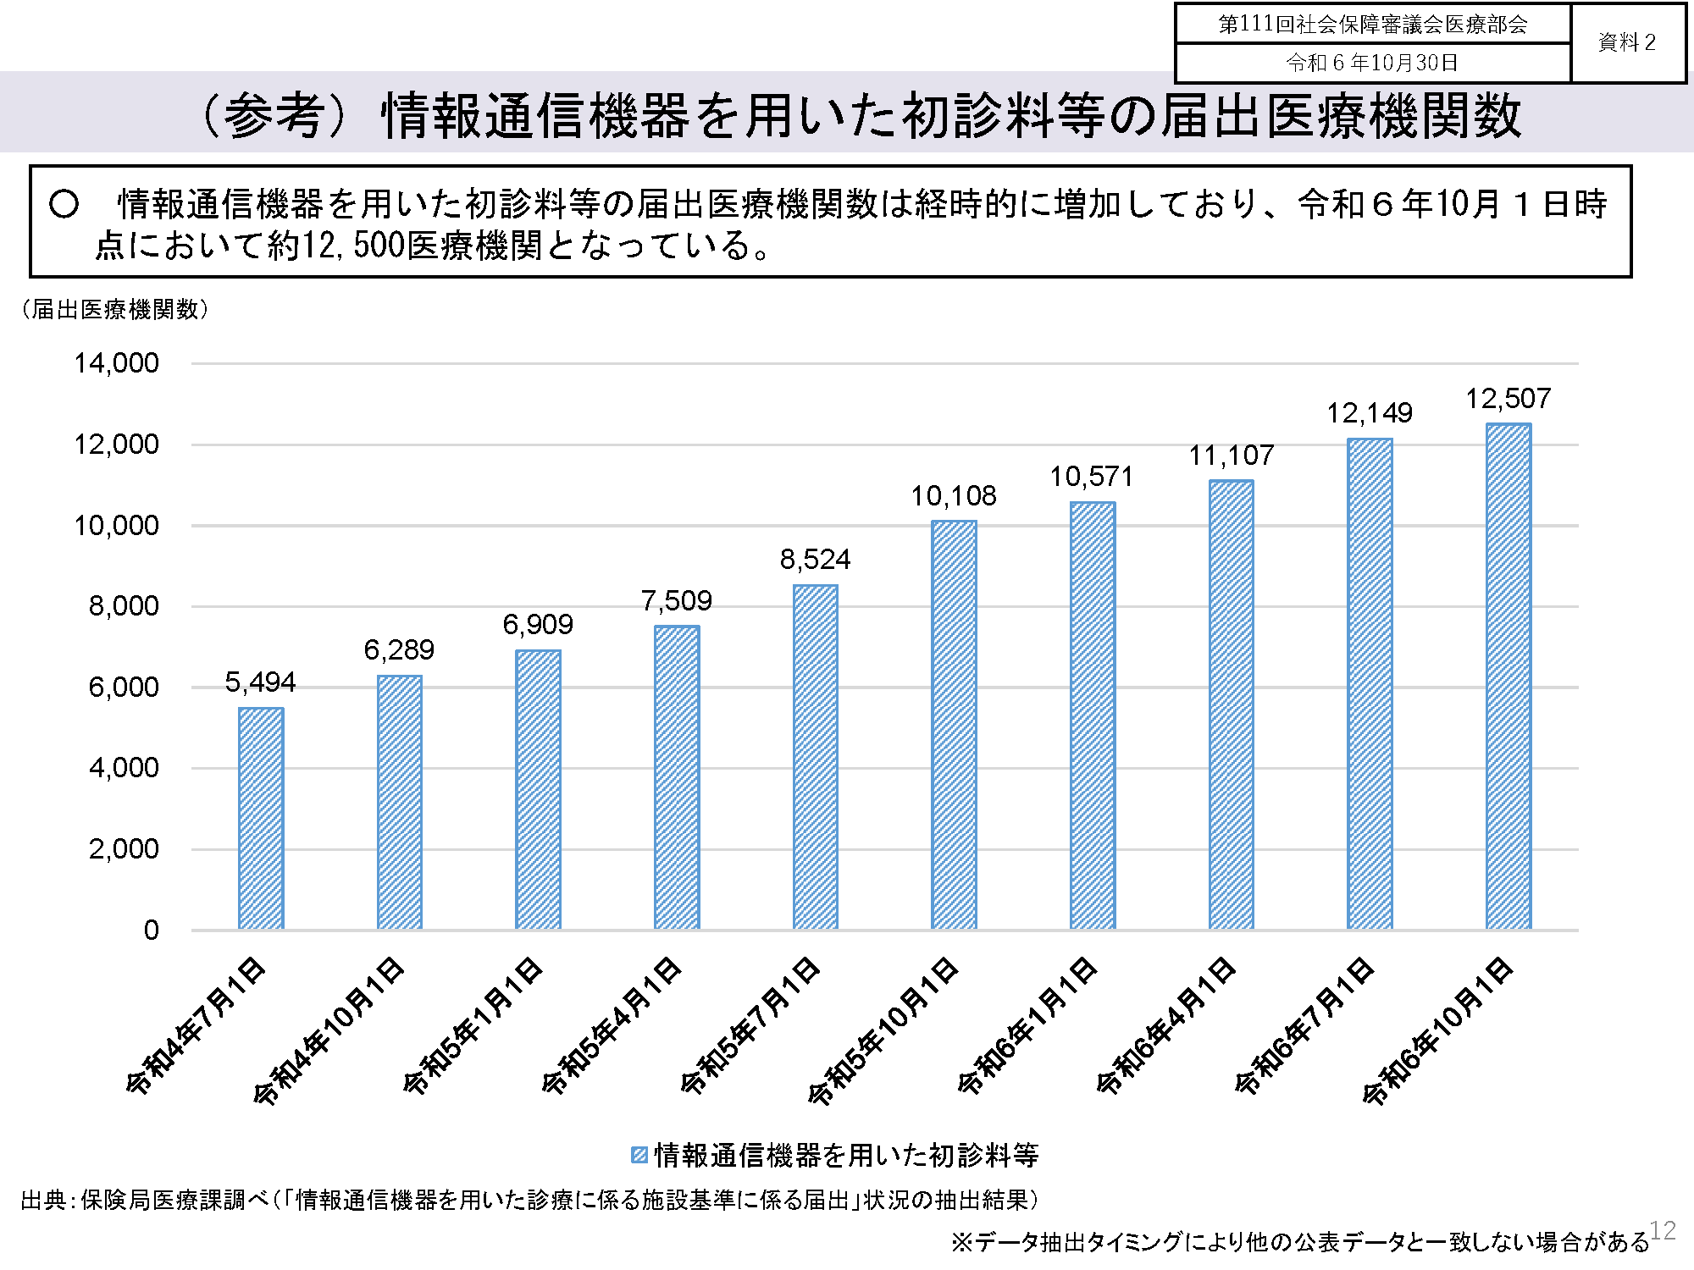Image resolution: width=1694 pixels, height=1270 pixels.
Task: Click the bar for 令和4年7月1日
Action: tap(261, 818)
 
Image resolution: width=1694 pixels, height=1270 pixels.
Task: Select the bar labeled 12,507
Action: tap(1508, 676)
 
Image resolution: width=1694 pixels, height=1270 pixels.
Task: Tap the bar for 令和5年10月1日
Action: tap(954, 725)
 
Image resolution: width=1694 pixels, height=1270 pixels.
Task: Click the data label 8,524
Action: tap(815, 560)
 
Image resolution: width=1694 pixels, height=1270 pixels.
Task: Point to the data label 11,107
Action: tap(1231, 456)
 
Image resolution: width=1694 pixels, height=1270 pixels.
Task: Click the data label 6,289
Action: tap(399, 650)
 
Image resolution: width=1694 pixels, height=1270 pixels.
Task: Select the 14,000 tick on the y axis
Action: tap(116, 363)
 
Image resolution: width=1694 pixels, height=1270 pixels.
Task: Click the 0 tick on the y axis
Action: tap(151, 930)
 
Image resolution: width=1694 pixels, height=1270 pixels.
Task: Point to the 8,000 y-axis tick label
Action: tap(124, 606)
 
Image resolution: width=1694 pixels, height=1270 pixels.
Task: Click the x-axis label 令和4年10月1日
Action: tap(329, 1030)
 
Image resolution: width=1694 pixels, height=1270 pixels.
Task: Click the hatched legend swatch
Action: tap(639, 1155)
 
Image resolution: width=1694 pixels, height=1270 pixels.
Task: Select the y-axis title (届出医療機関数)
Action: tap(114, 310)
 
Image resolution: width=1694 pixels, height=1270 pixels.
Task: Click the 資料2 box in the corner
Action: tap(1626, 42)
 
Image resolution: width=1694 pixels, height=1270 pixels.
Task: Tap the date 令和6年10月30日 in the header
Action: tap(1372, 63)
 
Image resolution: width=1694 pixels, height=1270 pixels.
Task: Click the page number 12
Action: tap(1663, 1230)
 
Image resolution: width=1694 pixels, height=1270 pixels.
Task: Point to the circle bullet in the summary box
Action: tap(64, 204)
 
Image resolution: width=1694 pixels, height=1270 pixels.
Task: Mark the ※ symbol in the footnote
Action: tap(961, 1242)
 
